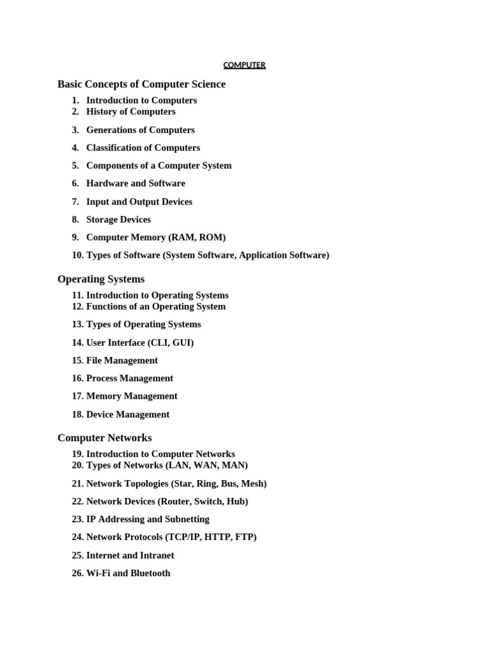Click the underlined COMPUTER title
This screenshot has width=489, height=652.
244,65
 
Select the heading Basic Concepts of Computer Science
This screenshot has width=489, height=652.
141,84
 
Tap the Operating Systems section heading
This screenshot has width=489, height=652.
101,279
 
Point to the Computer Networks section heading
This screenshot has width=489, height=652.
104,438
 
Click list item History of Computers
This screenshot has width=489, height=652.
131,111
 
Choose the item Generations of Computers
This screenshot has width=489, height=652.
140,130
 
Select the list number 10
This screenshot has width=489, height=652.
78,255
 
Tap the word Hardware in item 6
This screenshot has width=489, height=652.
107,183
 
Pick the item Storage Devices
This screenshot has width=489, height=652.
118,220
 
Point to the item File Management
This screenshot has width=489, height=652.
122,360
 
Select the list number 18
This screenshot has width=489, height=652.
78,415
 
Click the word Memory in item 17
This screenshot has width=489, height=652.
104,396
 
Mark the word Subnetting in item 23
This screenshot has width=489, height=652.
186,520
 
